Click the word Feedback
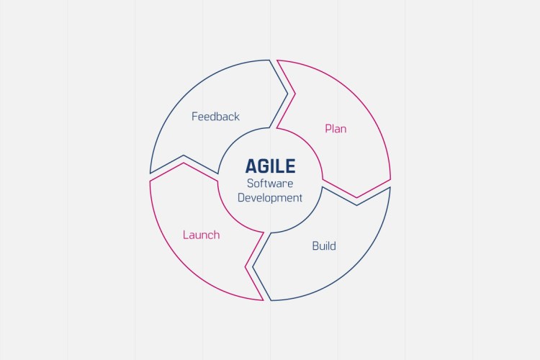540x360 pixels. pos(215,116)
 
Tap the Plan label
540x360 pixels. pos(336,129)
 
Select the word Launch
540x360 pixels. pos(201,235)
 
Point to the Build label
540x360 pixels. pos(324,246)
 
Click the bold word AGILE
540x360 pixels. pos(270,166)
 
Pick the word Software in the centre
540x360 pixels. pos(270,184)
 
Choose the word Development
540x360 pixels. pos(270,197)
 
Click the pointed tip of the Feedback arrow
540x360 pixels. pos(288,93)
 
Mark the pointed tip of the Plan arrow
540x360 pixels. pos(356,197)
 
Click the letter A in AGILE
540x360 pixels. pos(251,166)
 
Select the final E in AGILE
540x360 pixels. pos(290,166)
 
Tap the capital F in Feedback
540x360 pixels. pos(194,116)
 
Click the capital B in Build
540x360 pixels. pos(315,246)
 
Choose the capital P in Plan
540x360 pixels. pos(328,129)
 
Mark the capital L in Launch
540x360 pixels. pos(185,235)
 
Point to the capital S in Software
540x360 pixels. pos(250,184)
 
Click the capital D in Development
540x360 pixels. pos(241,197)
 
